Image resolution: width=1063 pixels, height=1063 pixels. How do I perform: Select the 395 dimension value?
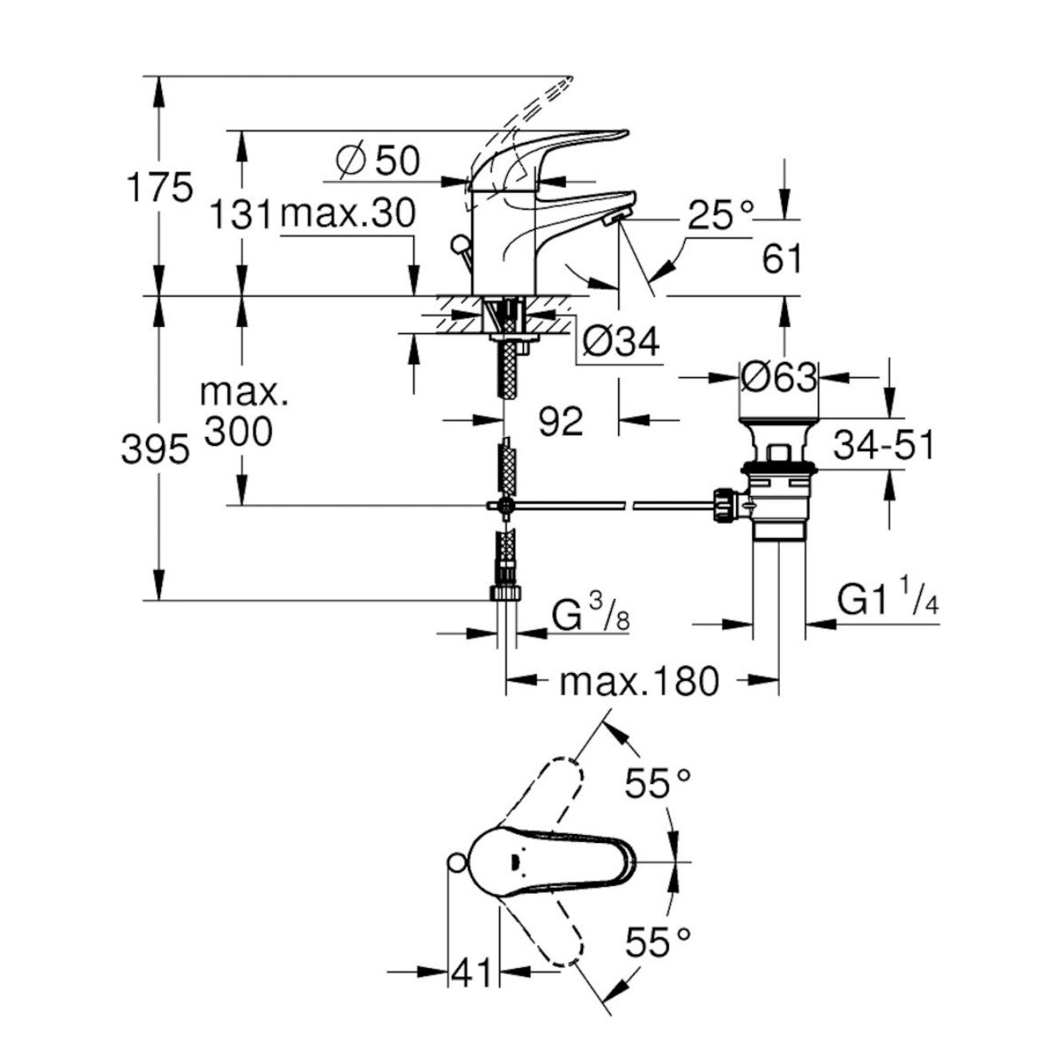click(156, 451)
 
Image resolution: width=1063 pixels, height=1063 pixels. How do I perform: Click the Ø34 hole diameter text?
click(620, 343)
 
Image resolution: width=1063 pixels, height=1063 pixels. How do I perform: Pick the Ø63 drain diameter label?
click(778, 378)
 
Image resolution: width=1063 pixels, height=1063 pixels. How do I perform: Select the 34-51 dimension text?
click(883, 445)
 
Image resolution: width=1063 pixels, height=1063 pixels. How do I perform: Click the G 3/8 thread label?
click(589, 616)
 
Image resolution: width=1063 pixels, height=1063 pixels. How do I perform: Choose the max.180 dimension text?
click(640, 681)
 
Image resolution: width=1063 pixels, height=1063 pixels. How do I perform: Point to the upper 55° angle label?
click(657, 784)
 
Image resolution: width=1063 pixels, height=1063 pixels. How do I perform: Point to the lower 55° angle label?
click(657, 943)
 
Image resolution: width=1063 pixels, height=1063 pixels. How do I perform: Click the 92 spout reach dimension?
click(561, 420)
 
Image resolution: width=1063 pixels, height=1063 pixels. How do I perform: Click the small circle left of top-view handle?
click(456, 863)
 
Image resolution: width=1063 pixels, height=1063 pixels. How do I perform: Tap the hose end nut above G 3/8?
click(505, 593)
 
